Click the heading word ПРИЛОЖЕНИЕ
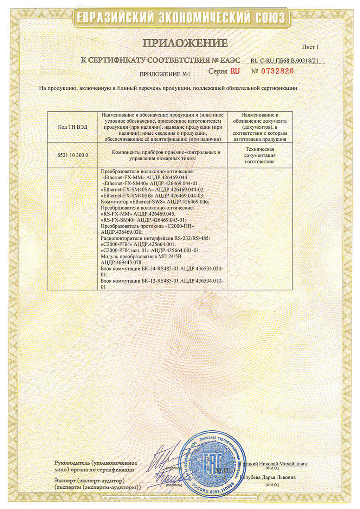coord(185,43)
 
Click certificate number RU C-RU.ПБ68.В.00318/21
coord(285,61)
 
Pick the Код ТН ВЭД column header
coord(72,127)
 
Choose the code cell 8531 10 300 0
coord(72,155)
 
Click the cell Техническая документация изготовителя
coord(259,155)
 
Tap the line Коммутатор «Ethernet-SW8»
coord(155,202)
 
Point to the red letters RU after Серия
coord(235,71)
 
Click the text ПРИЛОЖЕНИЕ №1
coord(165,75)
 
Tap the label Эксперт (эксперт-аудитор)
coord(89,480)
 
